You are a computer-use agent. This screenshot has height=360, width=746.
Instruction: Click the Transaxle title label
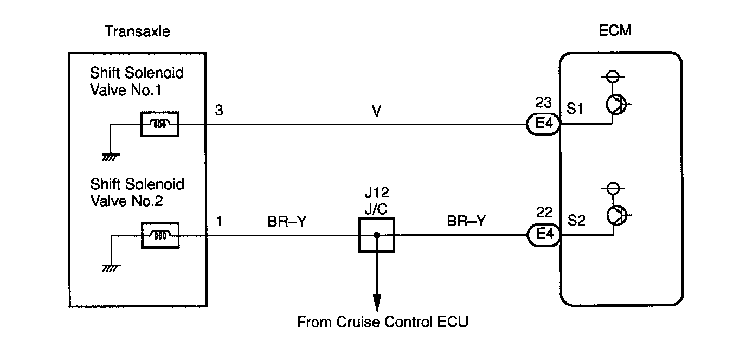(137, 31)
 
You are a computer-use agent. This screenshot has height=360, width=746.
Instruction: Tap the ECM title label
(616, 30)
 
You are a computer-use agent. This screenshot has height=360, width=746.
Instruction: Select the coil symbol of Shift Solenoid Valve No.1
(160, 124)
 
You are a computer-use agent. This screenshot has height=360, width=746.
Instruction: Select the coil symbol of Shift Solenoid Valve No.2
(160, 235)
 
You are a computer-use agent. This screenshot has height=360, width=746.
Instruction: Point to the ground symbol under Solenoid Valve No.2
(110, 268)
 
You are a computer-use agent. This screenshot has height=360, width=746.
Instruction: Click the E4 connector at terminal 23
(543, 125)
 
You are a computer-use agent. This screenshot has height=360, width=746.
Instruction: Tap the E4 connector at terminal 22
(543, 235)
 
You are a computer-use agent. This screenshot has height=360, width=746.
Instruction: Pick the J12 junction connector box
(376, 235)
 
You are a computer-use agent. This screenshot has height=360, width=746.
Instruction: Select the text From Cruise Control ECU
(382, 322)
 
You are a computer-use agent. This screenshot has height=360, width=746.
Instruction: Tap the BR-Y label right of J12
(466, 221)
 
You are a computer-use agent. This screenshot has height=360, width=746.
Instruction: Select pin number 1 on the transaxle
(218, 222)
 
